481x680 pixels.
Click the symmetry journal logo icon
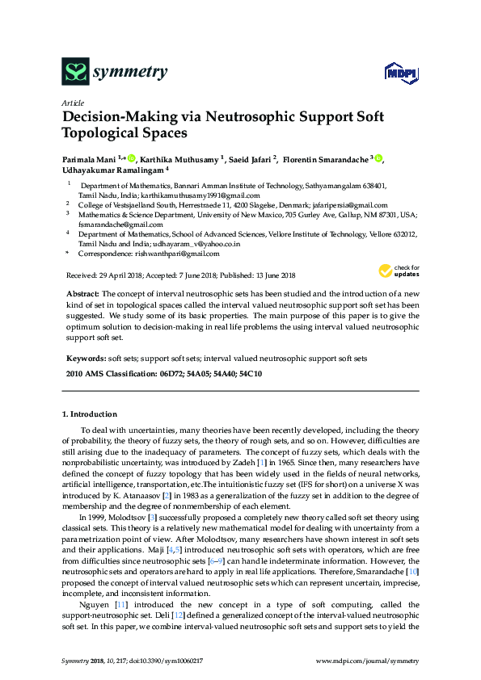pyautogui.click(x=74, y=73)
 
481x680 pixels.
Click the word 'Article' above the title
pyautogui.click(x=72, y=103)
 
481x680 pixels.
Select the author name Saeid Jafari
pyautogui.click(x=251, y=159)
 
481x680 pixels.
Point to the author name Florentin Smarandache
pyautogui.click(x=327, y=159)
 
